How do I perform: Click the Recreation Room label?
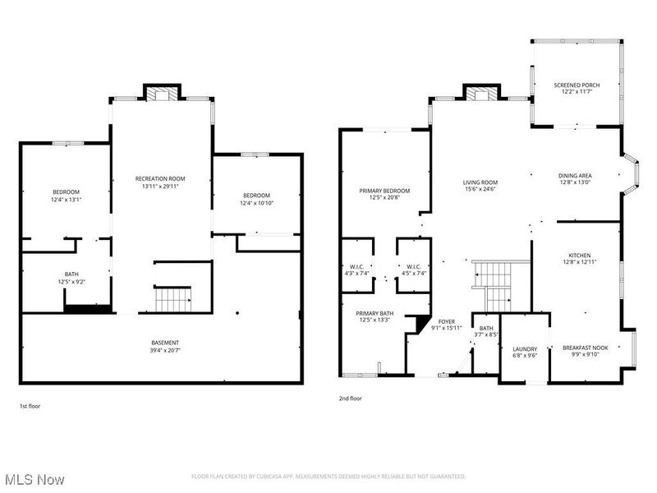point(160,178)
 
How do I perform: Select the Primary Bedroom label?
point(384,191)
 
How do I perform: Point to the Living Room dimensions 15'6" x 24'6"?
point(480,190)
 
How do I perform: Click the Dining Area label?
point(575,175)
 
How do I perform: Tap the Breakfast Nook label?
point(585,348)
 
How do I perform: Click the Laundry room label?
point(525,348)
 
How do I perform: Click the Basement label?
point(165,343)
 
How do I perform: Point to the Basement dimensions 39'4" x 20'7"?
point(165,351)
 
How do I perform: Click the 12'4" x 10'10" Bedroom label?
point(256,196)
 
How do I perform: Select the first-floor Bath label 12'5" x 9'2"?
point(72,274)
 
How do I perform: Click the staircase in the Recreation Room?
point(172,299)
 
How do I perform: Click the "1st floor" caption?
point(30,406)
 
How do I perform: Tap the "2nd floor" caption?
point(350,399)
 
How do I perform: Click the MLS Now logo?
point(35,478)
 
